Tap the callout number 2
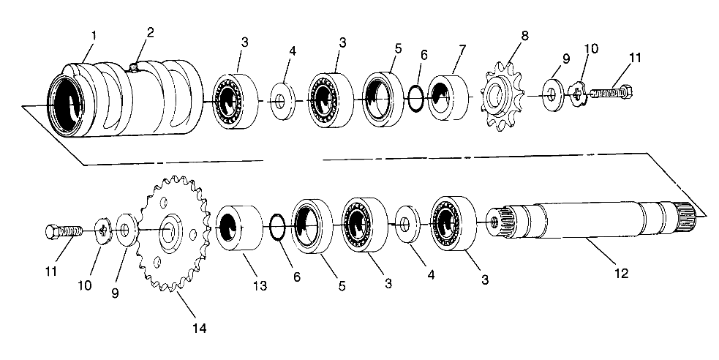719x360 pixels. (150, 31)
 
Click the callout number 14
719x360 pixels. (200, 329)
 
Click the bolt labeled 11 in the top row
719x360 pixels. (611, 94)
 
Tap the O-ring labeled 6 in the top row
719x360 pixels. (415, 97)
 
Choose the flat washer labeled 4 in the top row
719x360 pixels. (280, 99)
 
